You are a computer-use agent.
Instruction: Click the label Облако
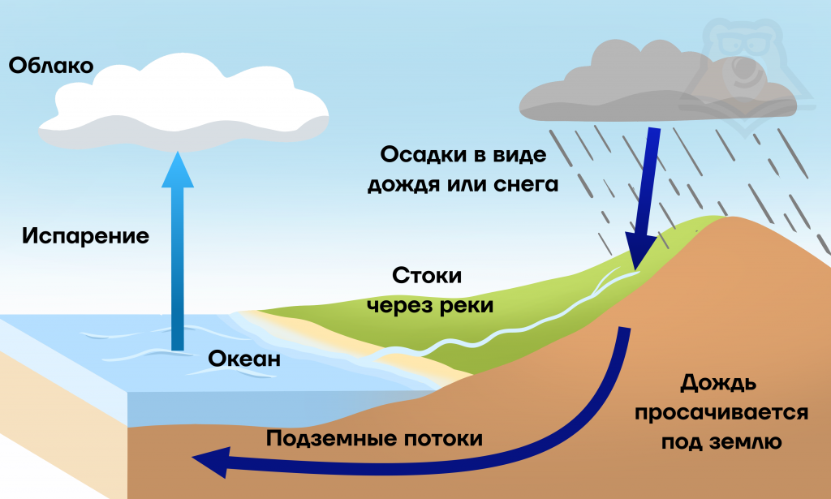pyautogui.click(x=51, y=65)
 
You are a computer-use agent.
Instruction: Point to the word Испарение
pyautogui.click(x=85, y=236)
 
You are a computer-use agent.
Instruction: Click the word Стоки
pyautogui.click(x=427, y=276)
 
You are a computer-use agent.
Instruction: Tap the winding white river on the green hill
pyautogui.click(x=519, y=325)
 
